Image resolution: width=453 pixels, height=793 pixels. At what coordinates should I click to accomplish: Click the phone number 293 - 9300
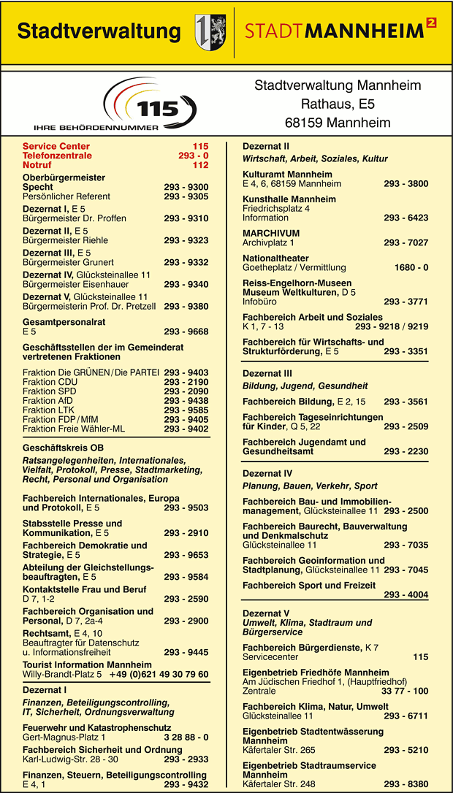pyautogui.click(x=186, y=187)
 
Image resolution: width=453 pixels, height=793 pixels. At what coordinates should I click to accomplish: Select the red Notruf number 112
pyautogui.click(x=200, y=165)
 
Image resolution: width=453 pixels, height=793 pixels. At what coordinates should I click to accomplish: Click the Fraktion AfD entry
pyautogui.click(x=49, y=401)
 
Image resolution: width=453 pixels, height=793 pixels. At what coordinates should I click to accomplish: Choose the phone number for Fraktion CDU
pyautogui.click(x=186, y=382)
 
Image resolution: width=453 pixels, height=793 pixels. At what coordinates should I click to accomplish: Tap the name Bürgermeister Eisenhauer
pyautogui.click(x=75, y=284)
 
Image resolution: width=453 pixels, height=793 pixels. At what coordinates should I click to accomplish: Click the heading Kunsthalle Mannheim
pyautogui.click(x=289, y=199)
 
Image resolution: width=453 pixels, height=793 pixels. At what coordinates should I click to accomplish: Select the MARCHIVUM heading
pyautogui.click(x=270, y=233)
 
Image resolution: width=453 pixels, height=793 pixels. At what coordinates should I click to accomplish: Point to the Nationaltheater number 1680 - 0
pyautogui.click(x=411, y=267)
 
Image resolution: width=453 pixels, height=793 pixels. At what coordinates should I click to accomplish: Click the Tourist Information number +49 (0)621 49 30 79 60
pyautogui.click(x=159, y=674)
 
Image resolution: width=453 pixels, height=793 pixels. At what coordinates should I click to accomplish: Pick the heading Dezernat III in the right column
pyautogui.click(x=267, y=373)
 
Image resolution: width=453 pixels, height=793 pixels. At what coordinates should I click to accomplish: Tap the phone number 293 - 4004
pyautogui.click(x=406, y=594)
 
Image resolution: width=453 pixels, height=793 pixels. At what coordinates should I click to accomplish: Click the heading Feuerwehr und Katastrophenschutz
pyautogui.click(x=96, y=728)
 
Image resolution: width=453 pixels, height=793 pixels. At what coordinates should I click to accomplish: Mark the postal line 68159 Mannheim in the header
pyautogui.click(x=338, y=122)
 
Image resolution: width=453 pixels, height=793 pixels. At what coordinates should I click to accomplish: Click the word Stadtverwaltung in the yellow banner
pyautogui.click(x=99, y=31)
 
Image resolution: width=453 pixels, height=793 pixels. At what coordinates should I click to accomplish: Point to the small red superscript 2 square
pyautogui.click(x=431, y=23)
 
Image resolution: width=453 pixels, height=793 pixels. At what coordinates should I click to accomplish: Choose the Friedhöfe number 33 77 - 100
pyautogui.click(x=405, y=691)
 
